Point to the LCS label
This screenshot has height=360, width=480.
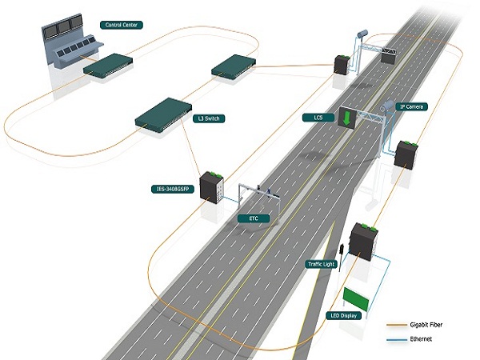coord(318,118)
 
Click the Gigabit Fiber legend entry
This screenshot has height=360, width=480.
coord(424,326)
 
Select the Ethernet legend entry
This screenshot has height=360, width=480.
coord(421,339)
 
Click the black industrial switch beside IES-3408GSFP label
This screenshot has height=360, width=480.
coord(214,186)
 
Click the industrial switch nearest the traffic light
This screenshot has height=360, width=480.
coord(369,240)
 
